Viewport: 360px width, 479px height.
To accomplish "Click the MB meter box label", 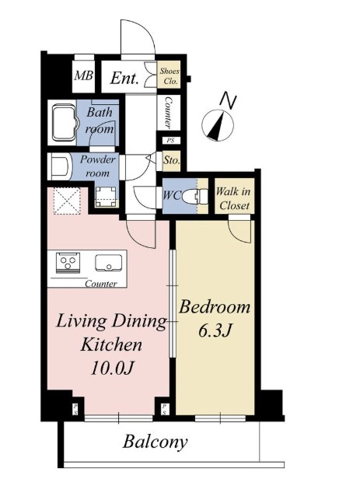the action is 84,75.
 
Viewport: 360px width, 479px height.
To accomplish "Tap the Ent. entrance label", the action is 124,79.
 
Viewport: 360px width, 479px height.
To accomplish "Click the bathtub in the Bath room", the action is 64,123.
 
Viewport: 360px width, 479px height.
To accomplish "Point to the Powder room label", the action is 98,166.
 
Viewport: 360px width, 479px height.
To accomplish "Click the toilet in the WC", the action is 195,196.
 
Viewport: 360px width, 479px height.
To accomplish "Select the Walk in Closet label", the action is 233,198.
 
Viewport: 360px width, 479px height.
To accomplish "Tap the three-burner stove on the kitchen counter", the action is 68,262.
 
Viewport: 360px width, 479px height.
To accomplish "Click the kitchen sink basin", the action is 108,263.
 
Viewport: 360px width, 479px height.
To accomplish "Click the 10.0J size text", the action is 113,368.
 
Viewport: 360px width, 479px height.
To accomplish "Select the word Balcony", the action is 155,442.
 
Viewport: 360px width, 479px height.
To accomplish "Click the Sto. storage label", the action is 172,160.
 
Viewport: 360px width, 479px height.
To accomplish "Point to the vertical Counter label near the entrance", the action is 168,113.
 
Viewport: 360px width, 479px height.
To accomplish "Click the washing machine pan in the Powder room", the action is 106,198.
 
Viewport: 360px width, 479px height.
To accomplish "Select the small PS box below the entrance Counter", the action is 170,141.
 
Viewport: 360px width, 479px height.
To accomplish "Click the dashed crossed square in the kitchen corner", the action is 67,201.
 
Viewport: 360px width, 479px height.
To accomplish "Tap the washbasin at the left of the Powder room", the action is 59,166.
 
